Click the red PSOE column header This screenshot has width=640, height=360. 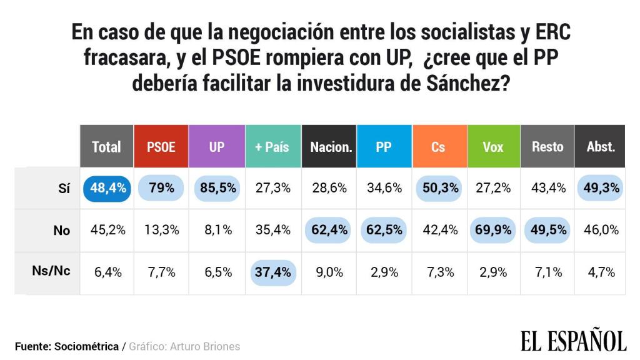coord(161,147)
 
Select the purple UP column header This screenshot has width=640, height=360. coord(216,147)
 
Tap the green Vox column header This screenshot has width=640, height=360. coord(494,147)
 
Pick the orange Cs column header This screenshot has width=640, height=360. coord(438,147)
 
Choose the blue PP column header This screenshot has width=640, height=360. coord(384,147)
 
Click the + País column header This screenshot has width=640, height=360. coord(272,147)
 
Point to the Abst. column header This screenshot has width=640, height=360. coord(601,147)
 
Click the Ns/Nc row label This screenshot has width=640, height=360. coord(51,272)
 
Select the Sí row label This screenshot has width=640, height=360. coord(63,188)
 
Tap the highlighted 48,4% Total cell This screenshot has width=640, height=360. coord(106,188)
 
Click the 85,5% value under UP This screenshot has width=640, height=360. coord(216,188)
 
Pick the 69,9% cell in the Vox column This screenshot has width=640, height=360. coord(494,230)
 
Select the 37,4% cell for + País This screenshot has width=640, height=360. coord(272,272)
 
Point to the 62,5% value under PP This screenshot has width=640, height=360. coord(384,230)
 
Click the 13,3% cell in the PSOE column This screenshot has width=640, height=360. coord(161,230)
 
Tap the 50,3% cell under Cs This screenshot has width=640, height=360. coord(438,188)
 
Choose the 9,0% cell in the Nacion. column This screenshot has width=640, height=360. coord(328,272)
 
